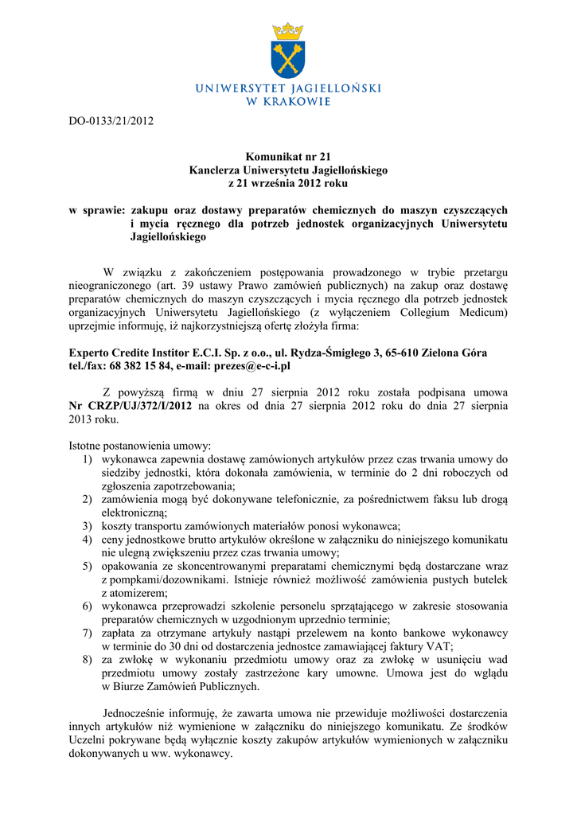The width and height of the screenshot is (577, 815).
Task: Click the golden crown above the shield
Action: click(287, 32)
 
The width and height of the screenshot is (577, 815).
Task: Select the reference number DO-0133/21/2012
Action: click(111, 121)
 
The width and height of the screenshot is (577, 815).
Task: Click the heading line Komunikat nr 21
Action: click(287, 158)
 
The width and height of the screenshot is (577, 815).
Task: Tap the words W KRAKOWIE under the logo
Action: click(287, 101)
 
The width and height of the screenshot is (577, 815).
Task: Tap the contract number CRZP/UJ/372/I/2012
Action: click(140, 405)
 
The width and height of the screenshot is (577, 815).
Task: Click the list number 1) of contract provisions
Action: click(88, 459)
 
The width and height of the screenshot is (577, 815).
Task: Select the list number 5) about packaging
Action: click(88, 566)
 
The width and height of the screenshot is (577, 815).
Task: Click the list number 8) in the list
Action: click(88, 660)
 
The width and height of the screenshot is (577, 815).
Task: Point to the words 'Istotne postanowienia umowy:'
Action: click(140, 446)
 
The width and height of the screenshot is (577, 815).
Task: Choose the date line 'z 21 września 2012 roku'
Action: click(287, 183)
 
